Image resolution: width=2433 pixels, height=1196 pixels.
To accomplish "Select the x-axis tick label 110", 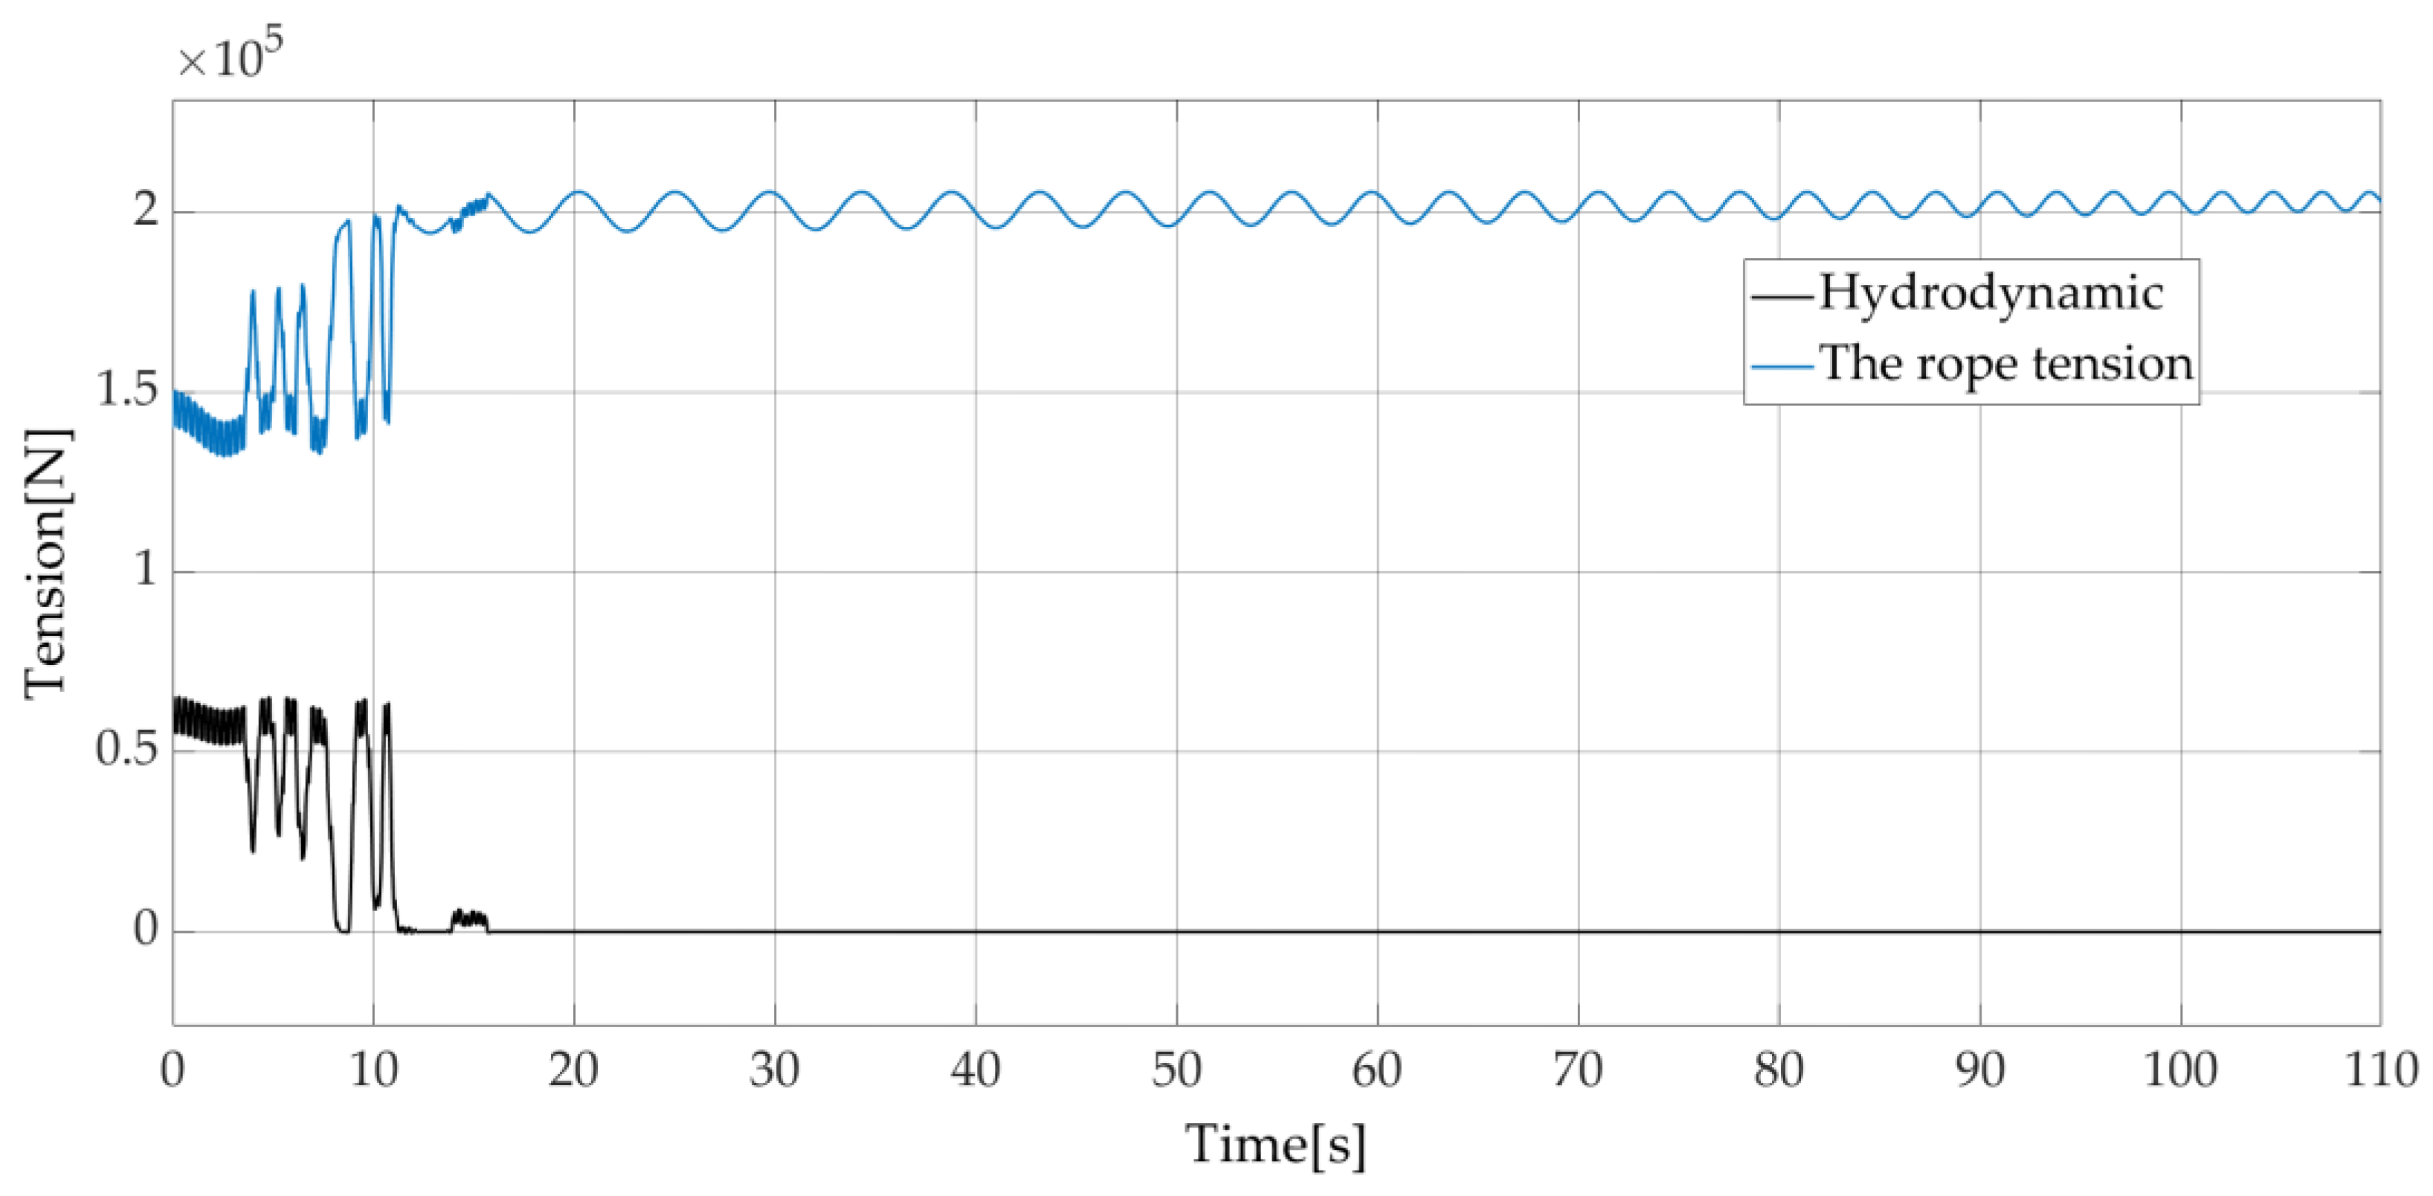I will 2381,1070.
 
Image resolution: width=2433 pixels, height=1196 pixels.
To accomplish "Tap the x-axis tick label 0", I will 173,1070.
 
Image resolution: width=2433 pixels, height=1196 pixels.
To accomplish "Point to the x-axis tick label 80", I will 1779,1070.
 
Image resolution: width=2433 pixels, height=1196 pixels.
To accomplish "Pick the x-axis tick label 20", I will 573,1070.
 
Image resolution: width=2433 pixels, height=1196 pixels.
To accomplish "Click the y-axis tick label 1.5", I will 127,391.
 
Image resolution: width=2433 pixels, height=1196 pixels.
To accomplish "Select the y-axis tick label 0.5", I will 127,751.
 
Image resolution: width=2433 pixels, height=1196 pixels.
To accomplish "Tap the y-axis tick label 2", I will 146,210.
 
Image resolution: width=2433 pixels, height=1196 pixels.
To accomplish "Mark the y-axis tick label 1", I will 146,570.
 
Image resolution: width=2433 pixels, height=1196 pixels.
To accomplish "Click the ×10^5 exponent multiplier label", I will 231,57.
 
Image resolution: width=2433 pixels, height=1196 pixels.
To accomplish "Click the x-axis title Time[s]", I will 1275,1145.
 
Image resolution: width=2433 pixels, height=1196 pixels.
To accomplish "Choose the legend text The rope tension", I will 2006,364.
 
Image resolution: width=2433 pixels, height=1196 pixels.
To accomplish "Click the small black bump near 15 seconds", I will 469,919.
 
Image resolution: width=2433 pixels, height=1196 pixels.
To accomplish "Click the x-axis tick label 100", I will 2180,1070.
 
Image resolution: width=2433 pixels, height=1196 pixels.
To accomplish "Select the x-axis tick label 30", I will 775,1070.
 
